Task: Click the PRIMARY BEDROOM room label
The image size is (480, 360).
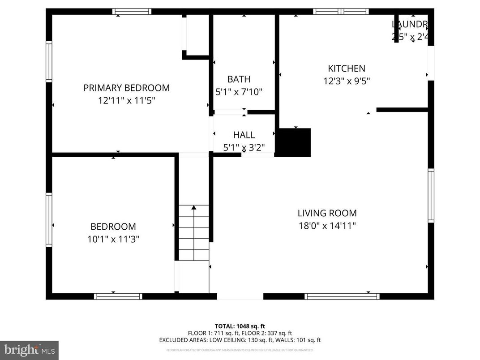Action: pyautogui.click(x=126, y=88)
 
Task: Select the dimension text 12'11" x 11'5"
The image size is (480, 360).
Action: pyautogui.click(x=126, y=100)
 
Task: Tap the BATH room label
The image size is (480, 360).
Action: pyautogui.click(x=239, y=79)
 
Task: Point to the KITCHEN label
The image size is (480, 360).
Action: pyautogui.click(x=347, y=69)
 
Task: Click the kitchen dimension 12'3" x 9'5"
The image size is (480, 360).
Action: pyautogui.click(x=347, y=81)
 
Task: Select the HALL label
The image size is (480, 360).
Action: pyautogui.click(x=244, y=135)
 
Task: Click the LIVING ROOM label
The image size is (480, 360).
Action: pyautogui.click(x=327, y=213)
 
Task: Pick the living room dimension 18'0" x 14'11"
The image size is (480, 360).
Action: pyautogui.click(x=327, y=226)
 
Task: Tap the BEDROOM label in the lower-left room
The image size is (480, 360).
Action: pyautogui.click(x=113, y=227)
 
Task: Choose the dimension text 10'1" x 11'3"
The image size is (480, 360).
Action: pyautogui.click(x=113, y=239)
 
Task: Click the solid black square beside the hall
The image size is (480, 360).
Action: pyautogui.click(x=293, y=142)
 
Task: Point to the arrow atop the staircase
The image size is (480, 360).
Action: pyautogui.click(x=194, y=208)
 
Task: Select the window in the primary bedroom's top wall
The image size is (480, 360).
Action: pyautogui.click(x=132, y=12)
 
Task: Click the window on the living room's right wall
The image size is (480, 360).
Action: pyautogui.click(x=431, y=195)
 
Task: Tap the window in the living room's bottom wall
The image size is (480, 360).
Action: pyautogui.click(x=342, y=296)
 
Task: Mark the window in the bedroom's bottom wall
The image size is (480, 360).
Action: pyautogui.click(x=118, y=296)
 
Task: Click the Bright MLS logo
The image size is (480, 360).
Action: pyautogui.click(x=30, y=350)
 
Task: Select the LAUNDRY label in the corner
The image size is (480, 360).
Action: pyautogui.click(x=409, y=24)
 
